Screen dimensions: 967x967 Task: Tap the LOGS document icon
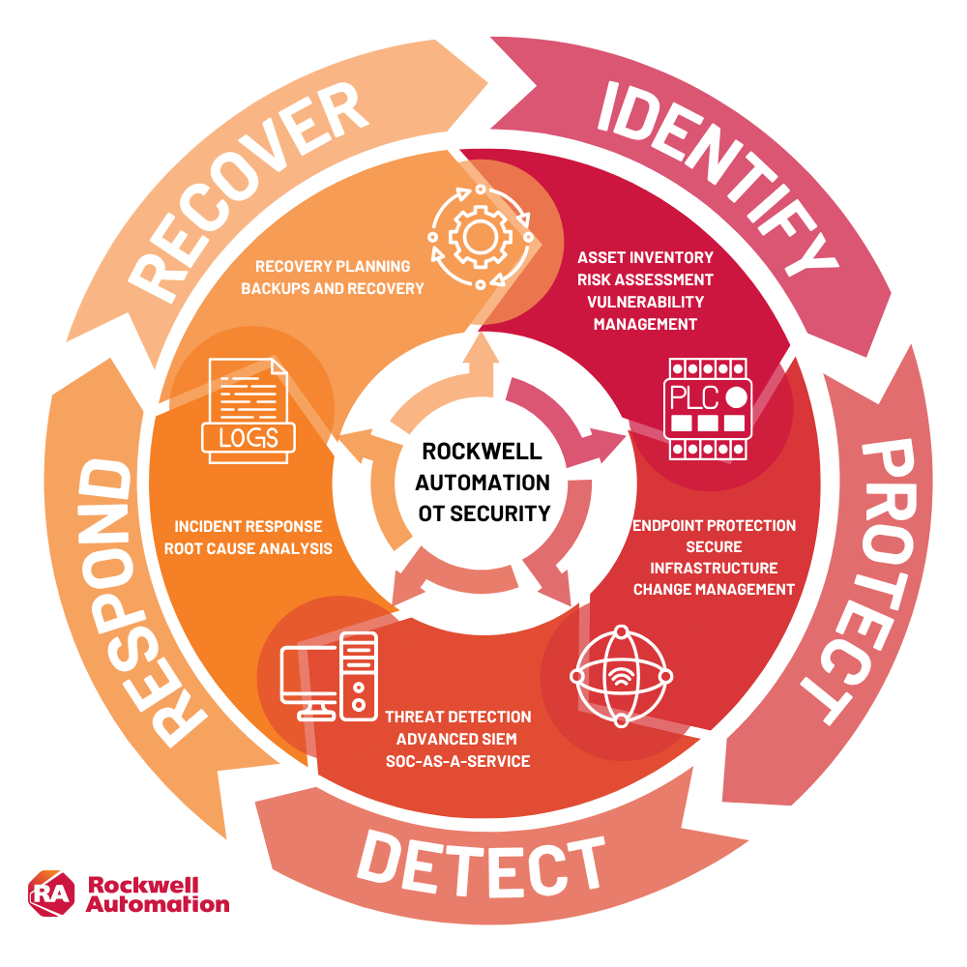pyautogui.click(x=247, y=410)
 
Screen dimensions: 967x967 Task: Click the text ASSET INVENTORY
pyautogui.click(x=645, y=258)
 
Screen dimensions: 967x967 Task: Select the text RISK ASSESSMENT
pyautogui.click(x=645, y=280)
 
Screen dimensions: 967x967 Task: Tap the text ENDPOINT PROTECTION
pyautogui.click(x=714, y=526)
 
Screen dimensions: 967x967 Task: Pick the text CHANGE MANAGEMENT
pyautogui.click(x=714, y=589)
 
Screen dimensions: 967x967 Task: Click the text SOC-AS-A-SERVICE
pyautogui.click(x=457, y=761)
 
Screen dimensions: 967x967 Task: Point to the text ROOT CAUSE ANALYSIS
pyautogui.click(x=249, y=548)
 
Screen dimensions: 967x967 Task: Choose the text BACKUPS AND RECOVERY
pyautogui.click(x=333, y=288)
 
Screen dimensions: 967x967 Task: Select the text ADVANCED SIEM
pyautogui.click(x=457, y=740)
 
